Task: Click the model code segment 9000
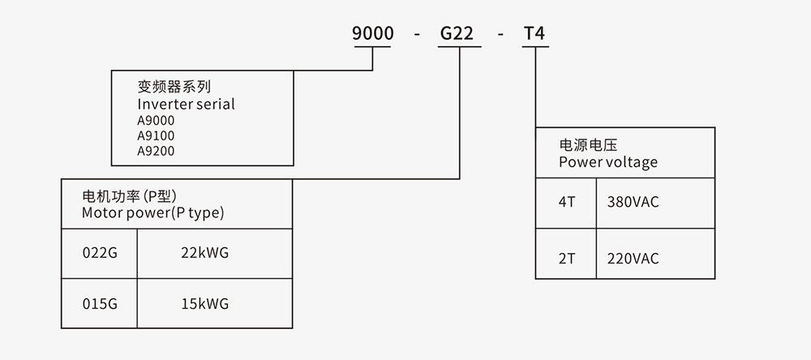[372, 34]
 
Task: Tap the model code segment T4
[536, 34]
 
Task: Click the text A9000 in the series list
[156, 120]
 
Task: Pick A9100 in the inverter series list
[156, 135]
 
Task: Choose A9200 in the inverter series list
[156, 151]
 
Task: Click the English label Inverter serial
[186, 104]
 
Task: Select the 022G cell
[100, 253]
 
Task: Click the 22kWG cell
[205, 253]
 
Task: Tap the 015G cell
[100, 304]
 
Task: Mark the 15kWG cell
[205, 304]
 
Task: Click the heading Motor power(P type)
[152, 213]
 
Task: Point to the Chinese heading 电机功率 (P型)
[130, 197]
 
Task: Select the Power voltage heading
[608, 162]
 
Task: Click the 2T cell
[566, 259]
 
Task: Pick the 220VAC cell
[633, 259]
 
